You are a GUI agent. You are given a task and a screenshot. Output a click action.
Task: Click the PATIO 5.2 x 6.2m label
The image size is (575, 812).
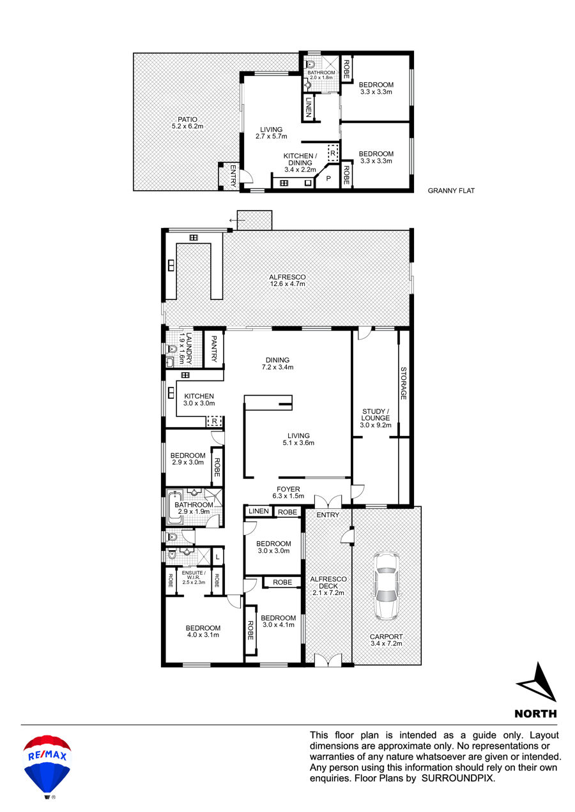click(188, 123)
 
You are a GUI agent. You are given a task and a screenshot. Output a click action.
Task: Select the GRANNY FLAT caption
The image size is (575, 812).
click(451, 191)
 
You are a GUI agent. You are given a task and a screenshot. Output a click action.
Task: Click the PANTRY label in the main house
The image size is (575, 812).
click(213, 349)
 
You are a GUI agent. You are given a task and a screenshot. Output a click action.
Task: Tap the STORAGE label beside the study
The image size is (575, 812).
click(403, 383)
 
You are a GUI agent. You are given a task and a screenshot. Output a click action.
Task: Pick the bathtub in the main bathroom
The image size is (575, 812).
click(174, 507)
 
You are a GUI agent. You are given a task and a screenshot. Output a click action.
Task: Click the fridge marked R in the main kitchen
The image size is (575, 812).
click(215, 421)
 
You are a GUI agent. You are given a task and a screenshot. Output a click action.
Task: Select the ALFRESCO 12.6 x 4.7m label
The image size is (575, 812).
click(287, 280)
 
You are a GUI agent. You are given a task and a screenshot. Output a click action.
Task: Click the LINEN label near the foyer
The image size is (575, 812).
click(259, 511)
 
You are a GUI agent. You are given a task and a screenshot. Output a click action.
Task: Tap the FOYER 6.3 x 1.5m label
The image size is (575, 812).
click(288, 492)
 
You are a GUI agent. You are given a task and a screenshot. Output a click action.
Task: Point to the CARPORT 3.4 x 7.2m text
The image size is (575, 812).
click(387, 640)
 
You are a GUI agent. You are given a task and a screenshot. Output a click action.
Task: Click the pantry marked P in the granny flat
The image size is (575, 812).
click(328, 178)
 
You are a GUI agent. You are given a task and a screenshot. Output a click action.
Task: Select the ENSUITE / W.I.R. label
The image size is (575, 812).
click(194, 578)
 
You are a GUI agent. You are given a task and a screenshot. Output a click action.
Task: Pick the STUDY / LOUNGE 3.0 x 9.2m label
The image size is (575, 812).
click(376, 418)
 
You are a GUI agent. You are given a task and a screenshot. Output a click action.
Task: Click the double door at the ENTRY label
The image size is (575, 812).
click(328, 502)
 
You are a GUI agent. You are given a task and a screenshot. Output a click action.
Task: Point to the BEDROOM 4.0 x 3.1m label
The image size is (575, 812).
click(203, 631)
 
